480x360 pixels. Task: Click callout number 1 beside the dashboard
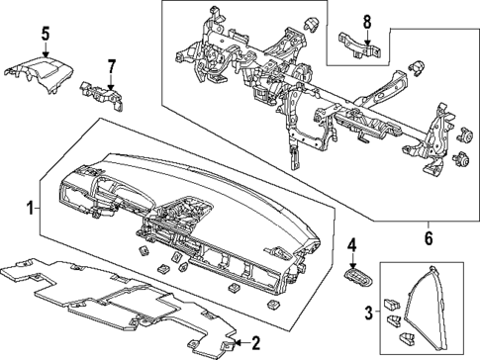tap(30, 208)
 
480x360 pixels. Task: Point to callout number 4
tap(350, 242)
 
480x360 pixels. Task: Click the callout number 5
tap(45, 35)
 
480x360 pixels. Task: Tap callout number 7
tap(111, 65)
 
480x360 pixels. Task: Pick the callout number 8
tap(366, 22)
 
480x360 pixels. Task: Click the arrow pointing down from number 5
tap(45, 51)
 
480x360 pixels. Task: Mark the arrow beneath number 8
tap(366, 37)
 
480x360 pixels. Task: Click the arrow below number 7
tap(111, 81)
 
